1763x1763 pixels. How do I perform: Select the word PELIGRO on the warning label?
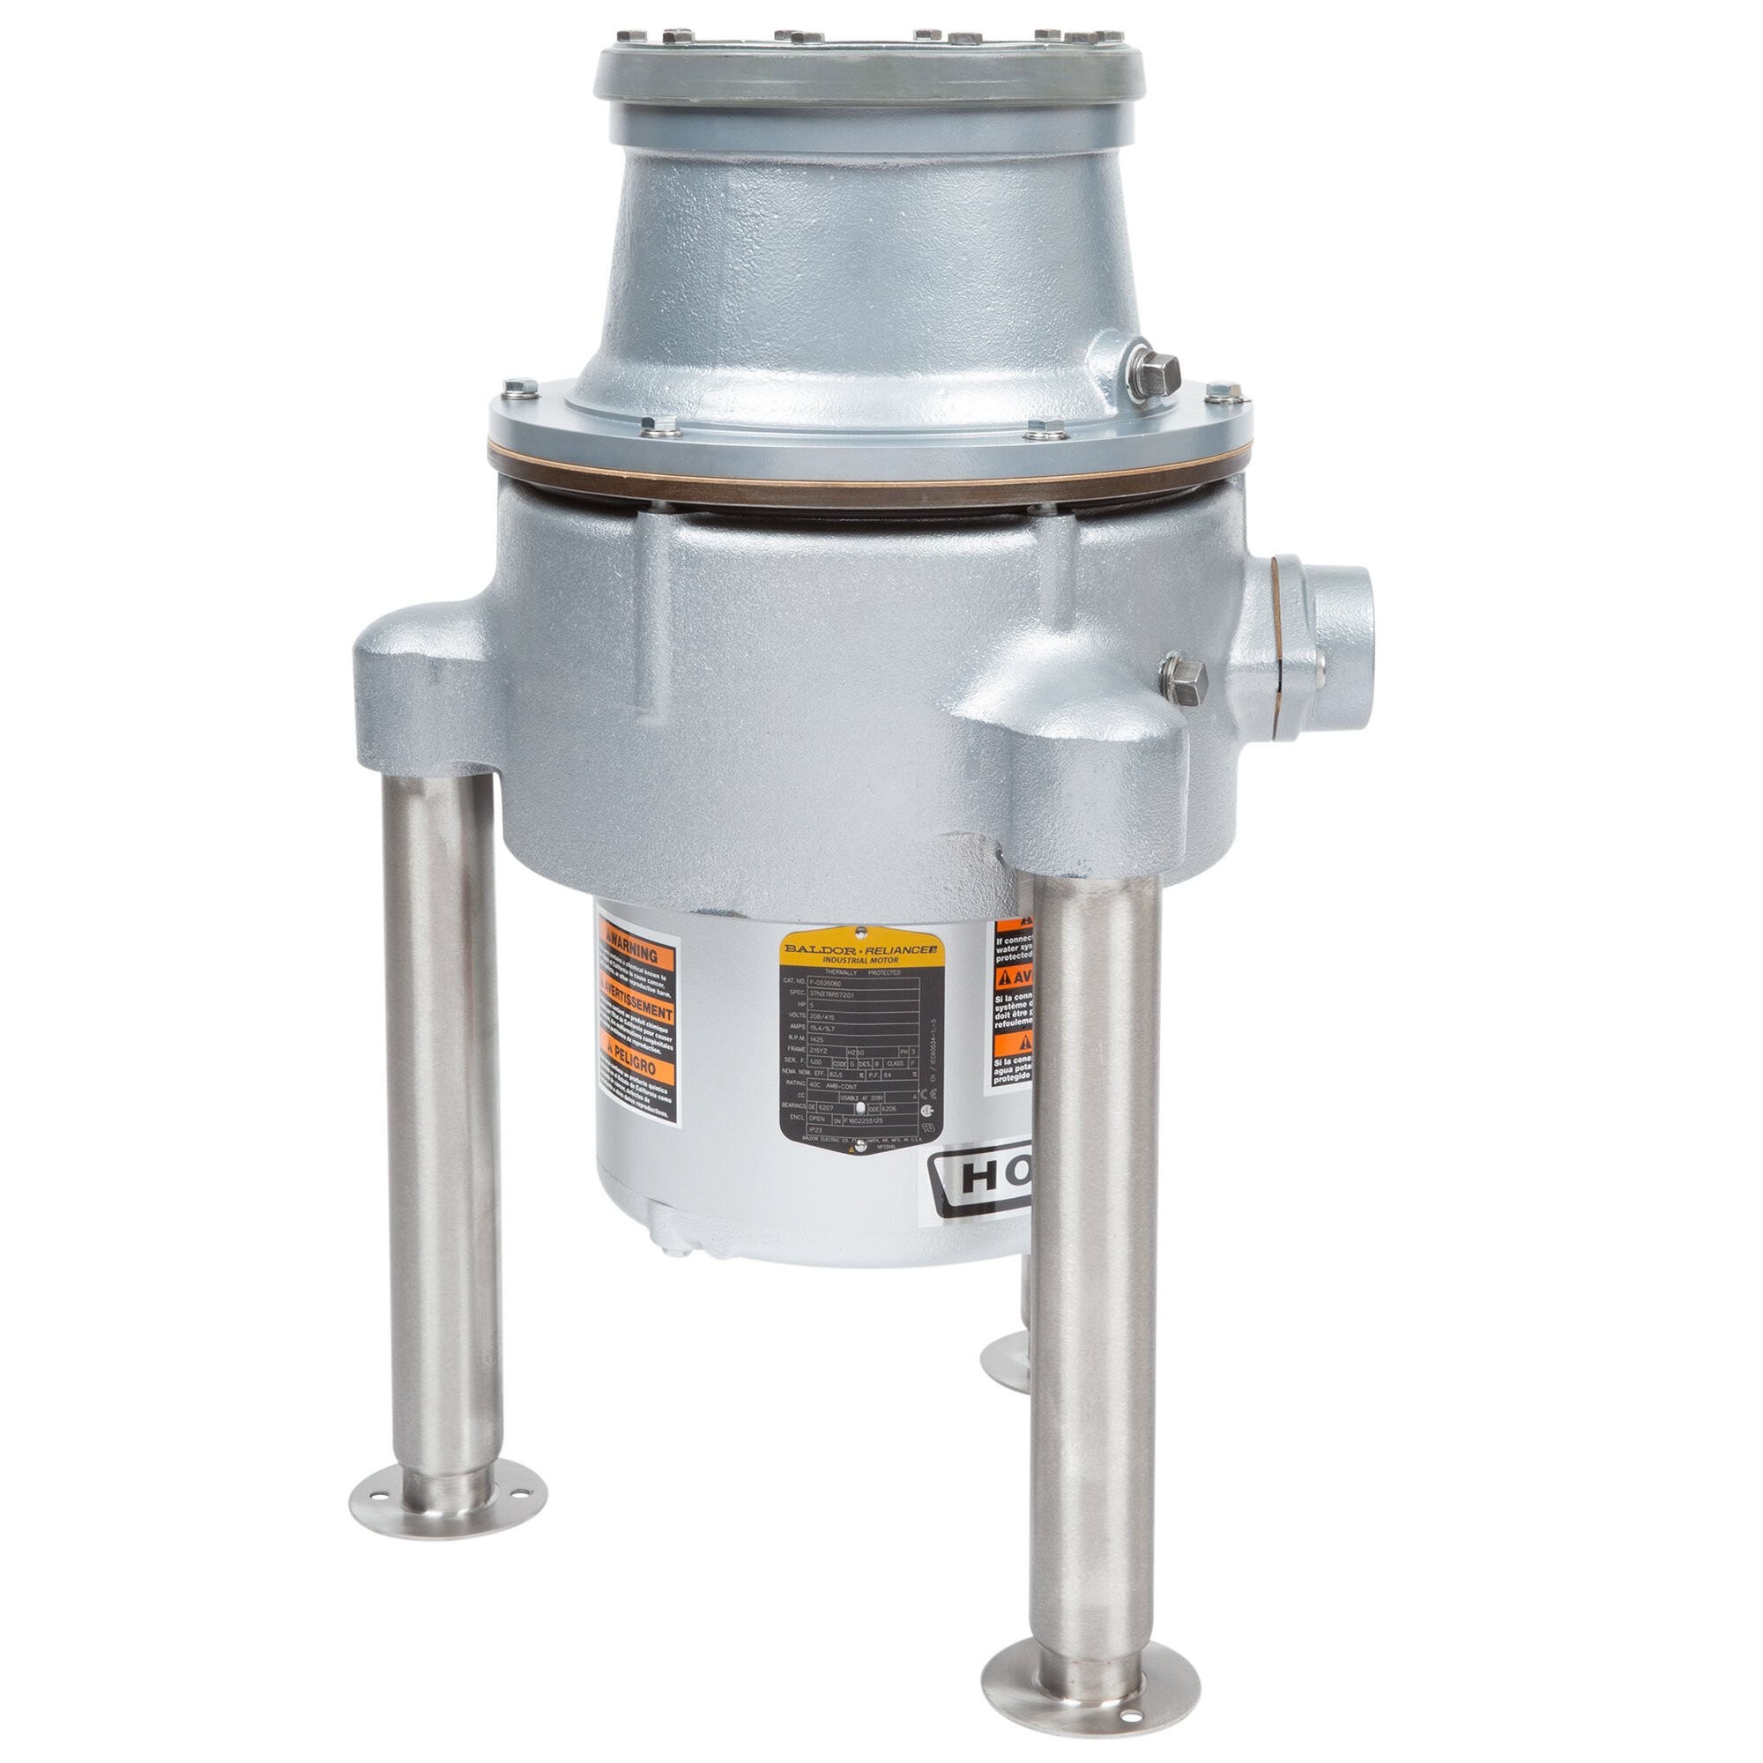point(643,1073)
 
